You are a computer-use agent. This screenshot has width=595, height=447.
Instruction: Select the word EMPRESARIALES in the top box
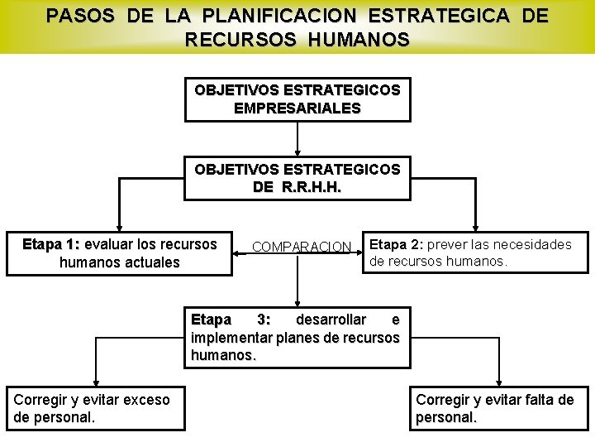pos(297,108)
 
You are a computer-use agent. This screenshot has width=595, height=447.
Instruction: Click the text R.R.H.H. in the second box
pos(312,187)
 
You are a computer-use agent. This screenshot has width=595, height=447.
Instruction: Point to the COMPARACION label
pos(302,247)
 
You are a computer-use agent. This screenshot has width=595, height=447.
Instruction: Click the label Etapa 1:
pos(51,244)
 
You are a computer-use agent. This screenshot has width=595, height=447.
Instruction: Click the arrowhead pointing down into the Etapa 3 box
pos(297,303)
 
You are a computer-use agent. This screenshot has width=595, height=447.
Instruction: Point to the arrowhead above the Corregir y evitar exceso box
pos(95,380)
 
